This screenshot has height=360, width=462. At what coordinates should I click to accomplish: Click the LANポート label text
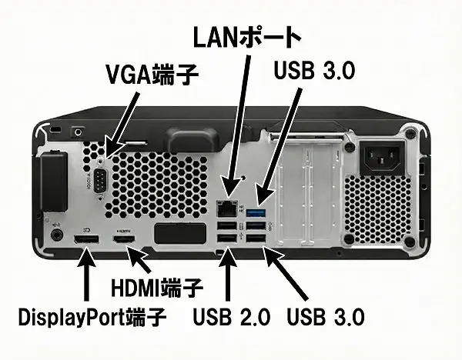pos(247,38)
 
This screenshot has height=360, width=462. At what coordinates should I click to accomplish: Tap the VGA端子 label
pos(152,75)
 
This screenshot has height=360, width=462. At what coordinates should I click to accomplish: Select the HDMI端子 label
pos(157,287)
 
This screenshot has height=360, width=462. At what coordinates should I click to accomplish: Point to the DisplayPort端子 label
pos(92,318)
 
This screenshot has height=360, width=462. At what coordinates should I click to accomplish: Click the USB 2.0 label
pos(232,317)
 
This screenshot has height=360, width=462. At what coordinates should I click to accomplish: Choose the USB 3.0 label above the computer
pos(314,70)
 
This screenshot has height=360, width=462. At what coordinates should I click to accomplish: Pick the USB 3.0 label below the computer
pos(326,317)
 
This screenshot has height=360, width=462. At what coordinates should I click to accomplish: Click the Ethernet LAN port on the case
pos(227,208)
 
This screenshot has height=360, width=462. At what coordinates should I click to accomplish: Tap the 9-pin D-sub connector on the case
pos(101,181)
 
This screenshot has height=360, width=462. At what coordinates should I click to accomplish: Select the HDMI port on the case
pos(124,238)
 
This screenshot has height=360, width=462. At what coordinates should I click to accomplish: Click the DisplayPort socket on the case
pos(86,238)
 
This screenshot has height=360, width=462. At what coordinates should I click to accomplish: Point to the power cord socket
pos(382,158)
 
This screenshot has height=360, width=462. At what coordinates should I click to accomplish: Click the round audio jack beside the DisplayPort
pos(57,235)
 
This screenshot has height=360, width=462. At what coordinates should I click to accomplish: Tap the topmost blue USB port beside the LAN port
pos(256,212)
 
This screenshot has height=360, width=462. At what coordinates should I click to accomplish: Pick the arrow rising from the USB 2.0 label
pos(227,273)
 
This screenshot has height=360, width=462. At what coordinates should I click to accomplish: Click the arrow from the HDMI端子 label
pos(139,259)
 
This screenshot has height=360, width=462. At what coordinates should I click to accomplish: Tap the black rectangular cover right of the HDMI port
pos(180,233)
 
